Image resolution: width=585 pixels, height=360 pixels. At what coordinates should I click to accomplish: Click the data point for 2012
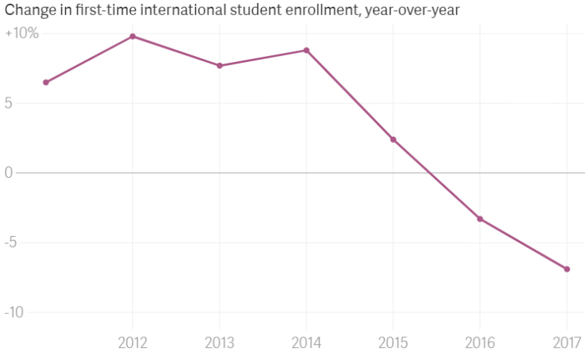(x=132, y=36)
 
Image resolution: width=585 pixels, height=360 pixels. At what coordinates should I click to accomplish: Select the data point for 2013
(x=219, y=66)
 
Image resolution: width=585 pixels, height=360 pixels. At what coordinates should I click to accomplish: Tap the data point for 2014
(x=307, y=51)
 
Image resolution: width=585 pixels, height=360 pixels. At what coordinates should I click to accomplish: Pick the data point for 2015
(x=394, y=139)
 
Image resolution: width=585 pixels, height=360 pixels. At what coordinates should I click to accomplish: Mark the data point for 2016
(x=480, y=219)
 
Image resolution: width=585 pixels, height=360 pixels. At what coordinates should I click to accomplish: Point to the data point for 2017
(x=567, y=269)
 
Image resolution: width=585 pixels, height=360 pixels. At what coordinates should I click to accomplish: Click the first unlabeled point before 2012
(x=46, y=82)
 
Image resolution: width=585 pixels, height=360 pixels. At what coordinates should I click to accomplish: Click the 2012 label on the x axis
(x=132, y=343)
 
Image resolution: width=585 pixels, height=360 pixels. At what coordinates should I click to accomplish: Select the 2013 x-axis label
(x=219, y=343)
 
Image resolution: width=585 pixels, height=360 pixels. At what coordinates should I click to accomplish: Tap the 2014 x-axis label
(x=307, y=343)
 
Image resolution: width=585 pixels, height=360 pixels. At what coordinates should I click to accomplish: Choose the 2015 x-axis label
(x=394, y=343)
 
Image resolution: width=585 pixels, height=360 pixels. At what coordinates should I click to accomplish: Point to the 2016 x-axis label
(x=480, y=343)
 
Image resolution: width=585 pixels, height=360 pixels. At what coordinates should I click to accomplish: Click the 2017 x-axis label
(x=567, y=343)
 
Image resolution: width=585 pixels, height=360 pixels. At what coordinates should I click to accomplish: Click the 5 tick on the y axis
(x=9, y=104)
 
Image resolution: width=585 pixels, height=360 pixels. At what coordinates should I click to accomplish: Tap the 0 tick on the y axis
(x=9, y=173)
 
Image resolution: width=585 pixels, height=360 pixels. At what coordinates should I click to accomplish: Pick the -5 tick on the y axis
(x=11, y=244)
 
